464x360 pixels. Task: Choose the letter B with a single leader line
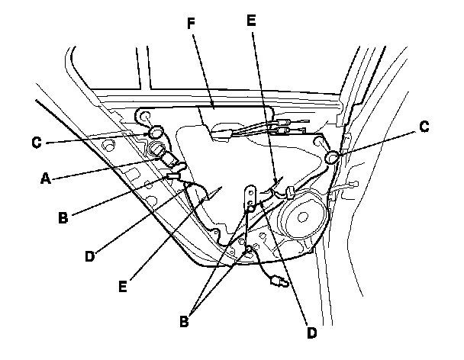tap(64, 216)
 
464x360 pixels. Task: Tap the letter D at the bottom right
tap(311, 333)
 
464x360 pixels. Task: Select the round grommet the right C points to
tap(332, 158)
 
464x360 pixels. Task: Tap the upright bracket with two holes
tap(250, 198)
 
